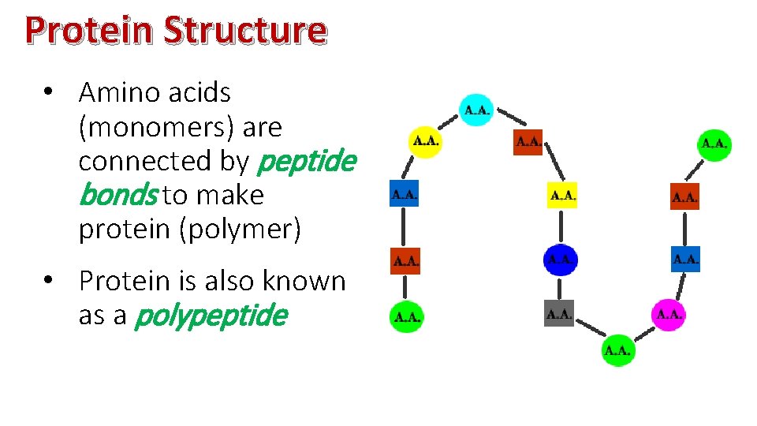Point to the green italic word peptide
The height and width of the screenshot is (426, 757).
tap(307, 162)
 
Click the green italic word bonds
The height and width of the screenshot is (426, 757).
tap(118, 195)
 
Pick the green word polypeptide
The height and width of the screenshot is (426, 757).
tap(211, 316)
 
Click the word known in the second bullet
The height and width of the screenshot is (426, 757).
tap(304, 281)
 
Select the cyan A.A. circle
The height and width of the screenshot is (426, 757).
tap(476, 110)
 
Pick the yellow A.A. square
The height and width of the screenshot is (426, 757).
tap(562, 194)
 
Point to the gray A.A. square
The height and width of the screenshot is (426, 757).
tap(559, 315)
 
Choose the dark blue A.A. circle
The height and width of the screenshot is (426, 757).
tap(560, 260)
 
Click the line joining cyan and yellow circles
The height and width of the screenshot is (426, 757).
tap(450, 126)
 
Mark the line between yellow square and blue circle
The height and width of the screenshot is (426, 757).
tap(561, 227)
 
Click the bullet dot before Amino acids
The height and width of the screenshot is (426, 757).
tap(49, 93)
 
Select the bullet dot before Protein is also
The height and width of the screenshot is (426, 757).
tap(49, 282)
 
